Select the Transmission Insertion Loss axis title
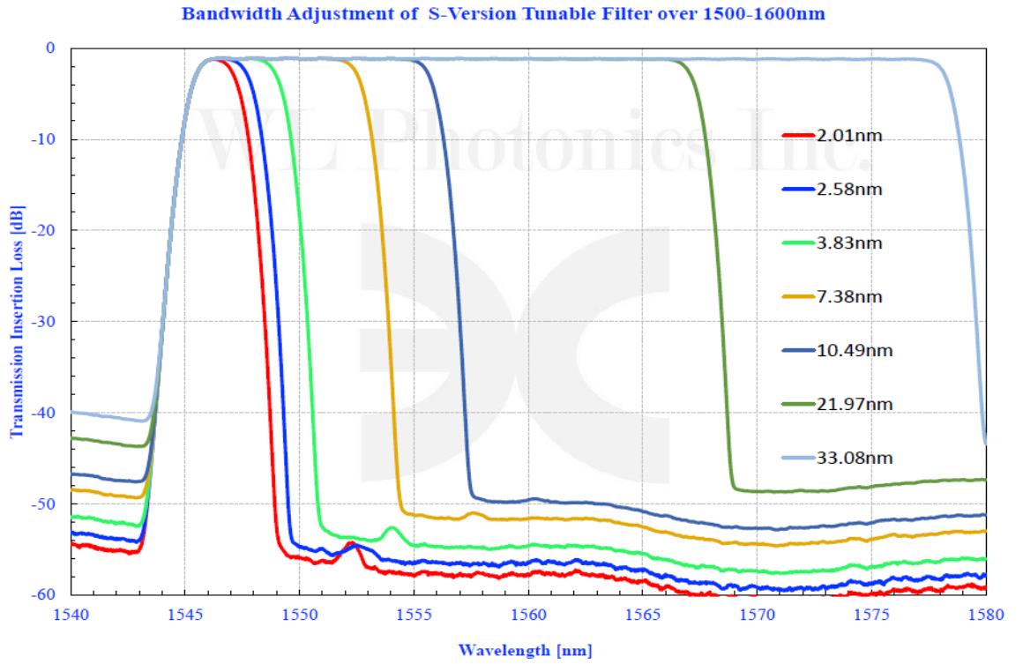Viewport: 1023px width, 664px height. coord(16,322)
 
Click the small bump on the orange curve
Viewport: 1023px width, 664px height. coord(474,512)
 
